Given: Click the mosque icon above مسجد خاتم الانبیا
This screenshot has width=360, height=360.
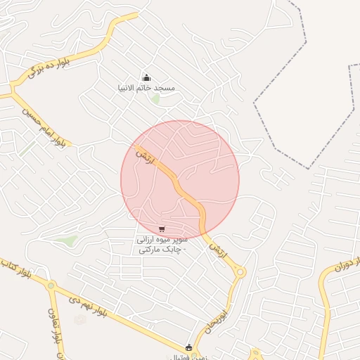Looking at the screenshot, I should [146, 77].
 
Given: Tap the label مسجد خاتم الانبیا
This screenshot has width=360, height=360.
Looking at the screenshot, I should [146, 88].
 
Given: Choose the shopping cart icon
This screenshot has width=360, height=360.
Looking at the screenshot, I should [162, 229].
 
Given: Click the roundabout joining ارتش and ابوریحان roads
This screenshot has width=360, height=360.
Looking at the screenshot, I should [240, 272].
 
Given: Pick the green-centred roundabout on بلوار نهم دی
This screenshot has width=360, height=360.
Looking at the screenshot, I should [51, 285].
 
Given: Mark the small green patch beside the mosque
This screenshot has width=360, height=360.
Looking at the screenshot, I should [155, 98].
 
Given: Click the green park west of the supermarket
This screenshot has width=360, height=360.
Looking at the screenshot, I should [67, 240].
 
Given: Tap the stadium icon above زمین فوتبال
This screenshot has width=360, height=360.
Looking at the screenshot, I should [188, 347].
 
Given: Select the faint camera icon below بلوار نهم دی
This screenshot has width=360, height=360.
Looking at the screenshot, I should [80, 320].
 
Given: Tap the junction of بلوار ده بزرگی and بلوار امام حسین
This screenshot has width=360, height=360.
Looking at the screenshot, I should [12, 93].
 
